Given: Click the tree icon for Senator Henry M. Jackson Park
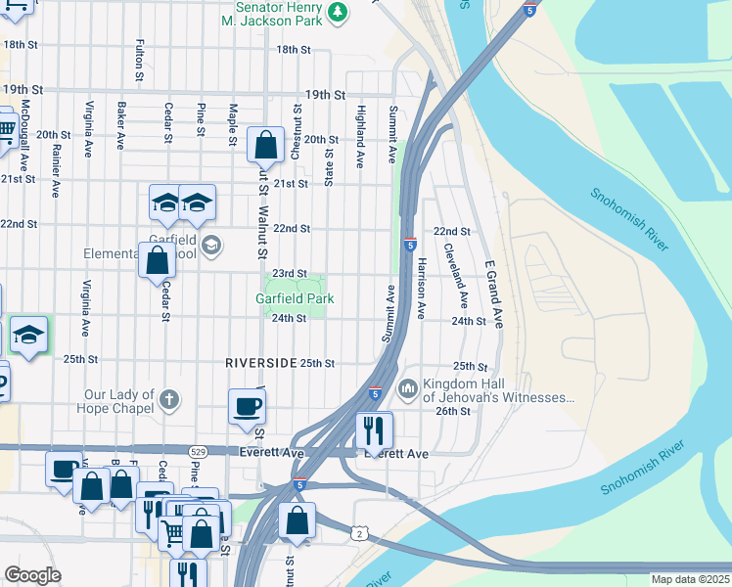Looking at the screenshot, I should (339, 12).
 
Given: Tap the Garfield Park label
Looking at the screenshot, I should (295, 298).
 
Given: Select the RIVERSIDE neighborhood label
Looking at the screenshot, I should (260, 362).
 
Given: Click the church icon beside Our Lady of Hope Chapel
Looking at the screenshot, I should (169, 399).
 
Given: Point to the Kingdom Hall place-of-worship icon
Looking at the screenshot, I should (407, 390).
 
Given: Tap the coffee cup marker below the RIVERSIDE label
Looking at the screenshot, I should (246, 406).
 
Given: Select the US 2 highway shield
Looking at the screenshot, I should (359, 532).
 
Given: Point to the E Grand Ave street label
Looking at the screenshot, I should (490, 293).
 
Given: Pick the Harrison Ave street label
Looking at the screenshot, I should (421, 289).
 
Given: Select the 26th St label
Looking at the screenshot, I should (453, 412).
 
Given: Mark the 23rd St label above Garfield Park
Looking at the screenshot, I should (290, 274).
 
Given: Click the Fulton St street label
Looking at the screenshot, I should (141, 60).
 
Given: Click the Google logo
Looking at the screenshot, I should (32, 575).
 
